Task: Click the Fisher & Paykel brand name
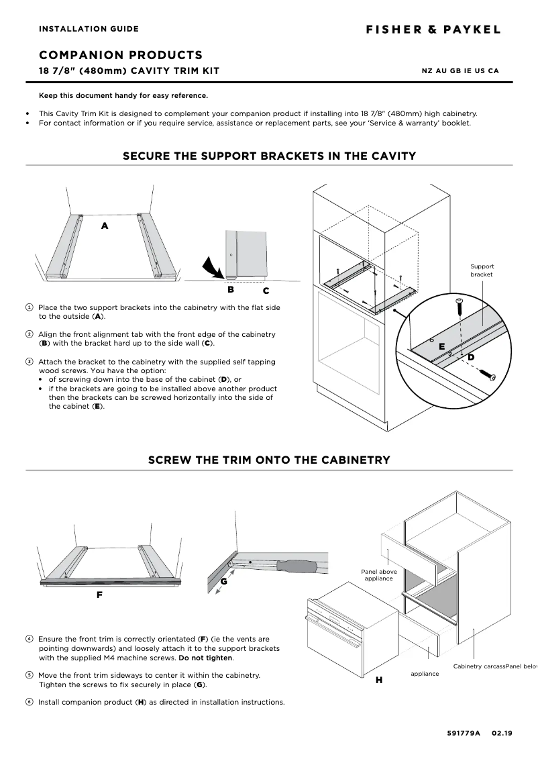click(433, 30)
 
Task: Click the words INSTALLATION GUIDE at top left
click(89, 29)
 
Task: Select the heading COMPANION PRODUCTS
click(121, 55)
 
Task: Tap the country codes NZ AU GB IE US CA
click(460, 71)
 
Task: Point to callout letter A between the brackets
click(104, 226)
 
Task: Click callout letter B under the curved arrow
click(230, 290)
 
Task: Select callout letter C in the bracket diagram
click(266, 291)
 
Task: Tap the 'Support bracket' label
click(481, 270)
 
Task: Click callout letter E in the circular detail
click(441, 347)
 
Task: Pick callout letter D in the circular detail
click(470, 357)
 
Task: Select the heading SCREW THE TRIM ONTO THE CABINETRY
click(268, 460)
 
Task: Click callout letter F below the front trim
click(99, 595)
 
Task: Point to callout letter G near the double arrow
click(223, 581)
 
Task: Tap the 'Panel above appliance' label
click(379, 575)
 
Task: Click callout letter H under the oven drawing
click(378, 680)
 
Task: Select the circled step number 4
click(30, 639)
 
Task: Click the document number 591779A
click(464, 733)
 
